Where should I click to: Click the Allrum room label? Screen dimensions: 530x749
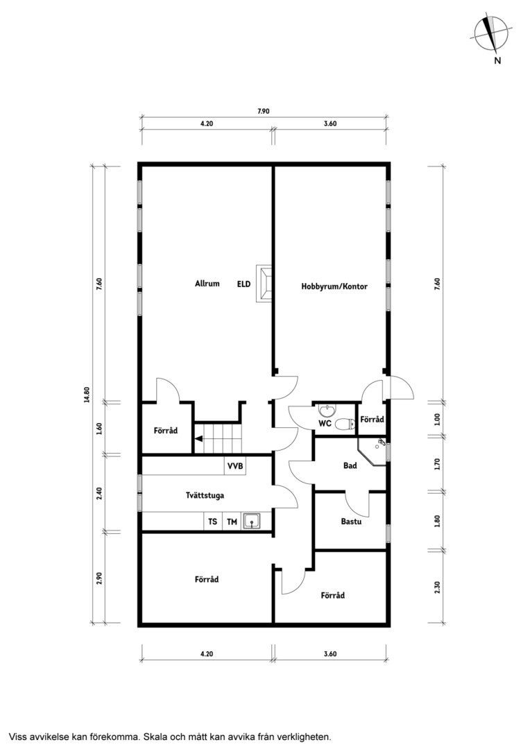[207, 283]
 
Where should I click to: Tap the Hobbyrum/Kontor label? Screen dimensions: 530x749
[334, 286]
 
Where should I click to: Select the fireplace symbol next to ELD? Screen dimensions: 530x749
[264, 284]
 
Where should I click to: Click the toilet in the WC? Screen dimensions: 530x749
[344, 423]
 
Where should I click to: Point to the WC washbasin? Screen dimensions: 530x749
[328, 409]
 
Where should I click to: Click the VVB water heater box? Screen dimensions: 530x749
[235, 466]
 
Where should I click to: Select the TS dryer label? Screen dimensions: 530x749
[213, 522]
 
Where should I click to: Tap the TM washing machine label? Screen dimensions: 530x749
[232, 522]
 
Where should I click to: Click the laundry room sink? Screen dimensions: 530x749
[251, 521]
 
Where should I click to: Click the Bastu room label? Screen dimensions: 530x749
[351, 521]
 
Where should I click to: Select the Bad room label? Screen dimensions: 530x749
[350, 465]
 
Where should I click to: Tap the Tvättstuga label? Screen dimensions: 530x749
[205, 495]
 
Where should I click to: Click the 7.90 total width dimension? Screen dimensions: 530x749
[264, 111]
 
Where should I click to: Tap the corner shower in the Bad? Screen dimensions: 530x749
[374, 452]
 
